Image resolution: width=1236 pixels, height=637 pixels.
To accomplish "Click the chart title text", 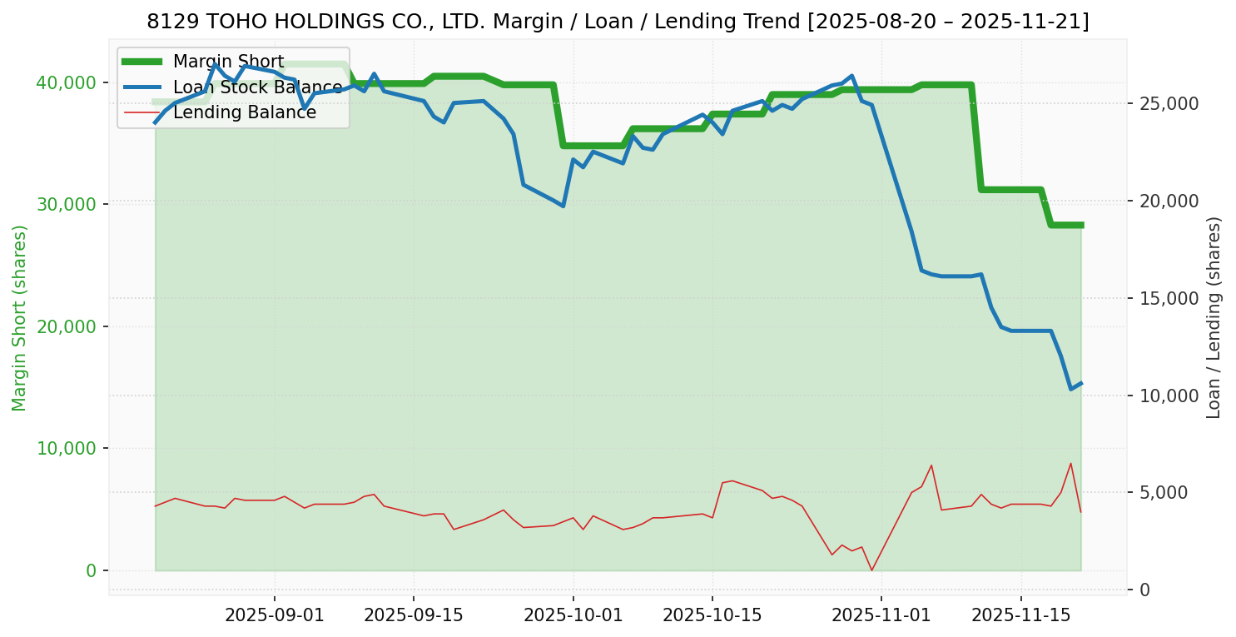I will (x=618, y=22).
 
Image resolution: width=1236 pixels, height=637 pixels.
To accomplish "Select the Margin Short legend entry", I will (x=228, y=62).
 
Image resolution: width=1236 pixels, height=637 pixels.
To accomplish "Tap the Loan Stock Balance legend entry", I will (x=257, y=87).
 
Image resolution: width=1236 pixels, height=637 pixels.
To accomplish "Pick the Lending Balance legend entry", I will (x=244, y=112).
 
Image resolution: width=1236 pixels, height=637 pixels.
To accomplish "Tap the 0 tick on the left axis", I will (x=91, y=570).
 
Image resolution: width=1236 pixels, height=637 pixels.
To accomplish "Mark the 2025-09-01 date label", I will (x=275, y=615).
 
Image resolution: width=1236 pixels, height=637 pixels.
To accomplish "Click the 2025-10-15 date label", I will (x=712, y=615).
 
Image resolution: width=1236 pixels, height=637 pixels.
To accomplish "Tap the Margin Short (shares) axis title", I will (x=20, y=318).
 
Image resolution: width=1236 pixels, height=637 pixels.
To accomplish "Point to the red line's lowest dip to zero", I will (x=871, y=570).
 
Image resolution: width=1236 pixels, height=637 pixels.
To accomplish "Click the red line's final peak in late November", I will (x=1070, y=463).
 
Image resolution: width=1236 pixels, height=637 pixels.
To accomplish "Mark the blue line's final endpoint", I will (x=1080, y=383).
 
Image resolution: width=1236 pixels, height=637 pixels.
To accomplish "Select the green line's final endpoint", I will (x=1080, y=225).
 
